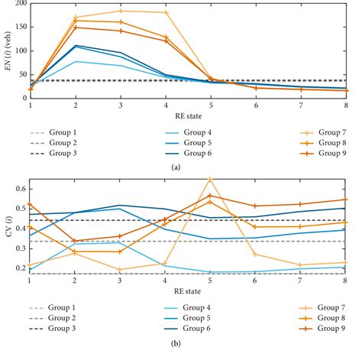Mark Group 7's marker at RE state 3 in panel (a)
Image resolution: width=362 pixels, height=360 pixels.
click(121, 11)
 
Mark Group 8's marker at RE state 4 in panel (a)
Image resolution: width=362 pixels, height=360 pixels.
click(166, 37)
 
